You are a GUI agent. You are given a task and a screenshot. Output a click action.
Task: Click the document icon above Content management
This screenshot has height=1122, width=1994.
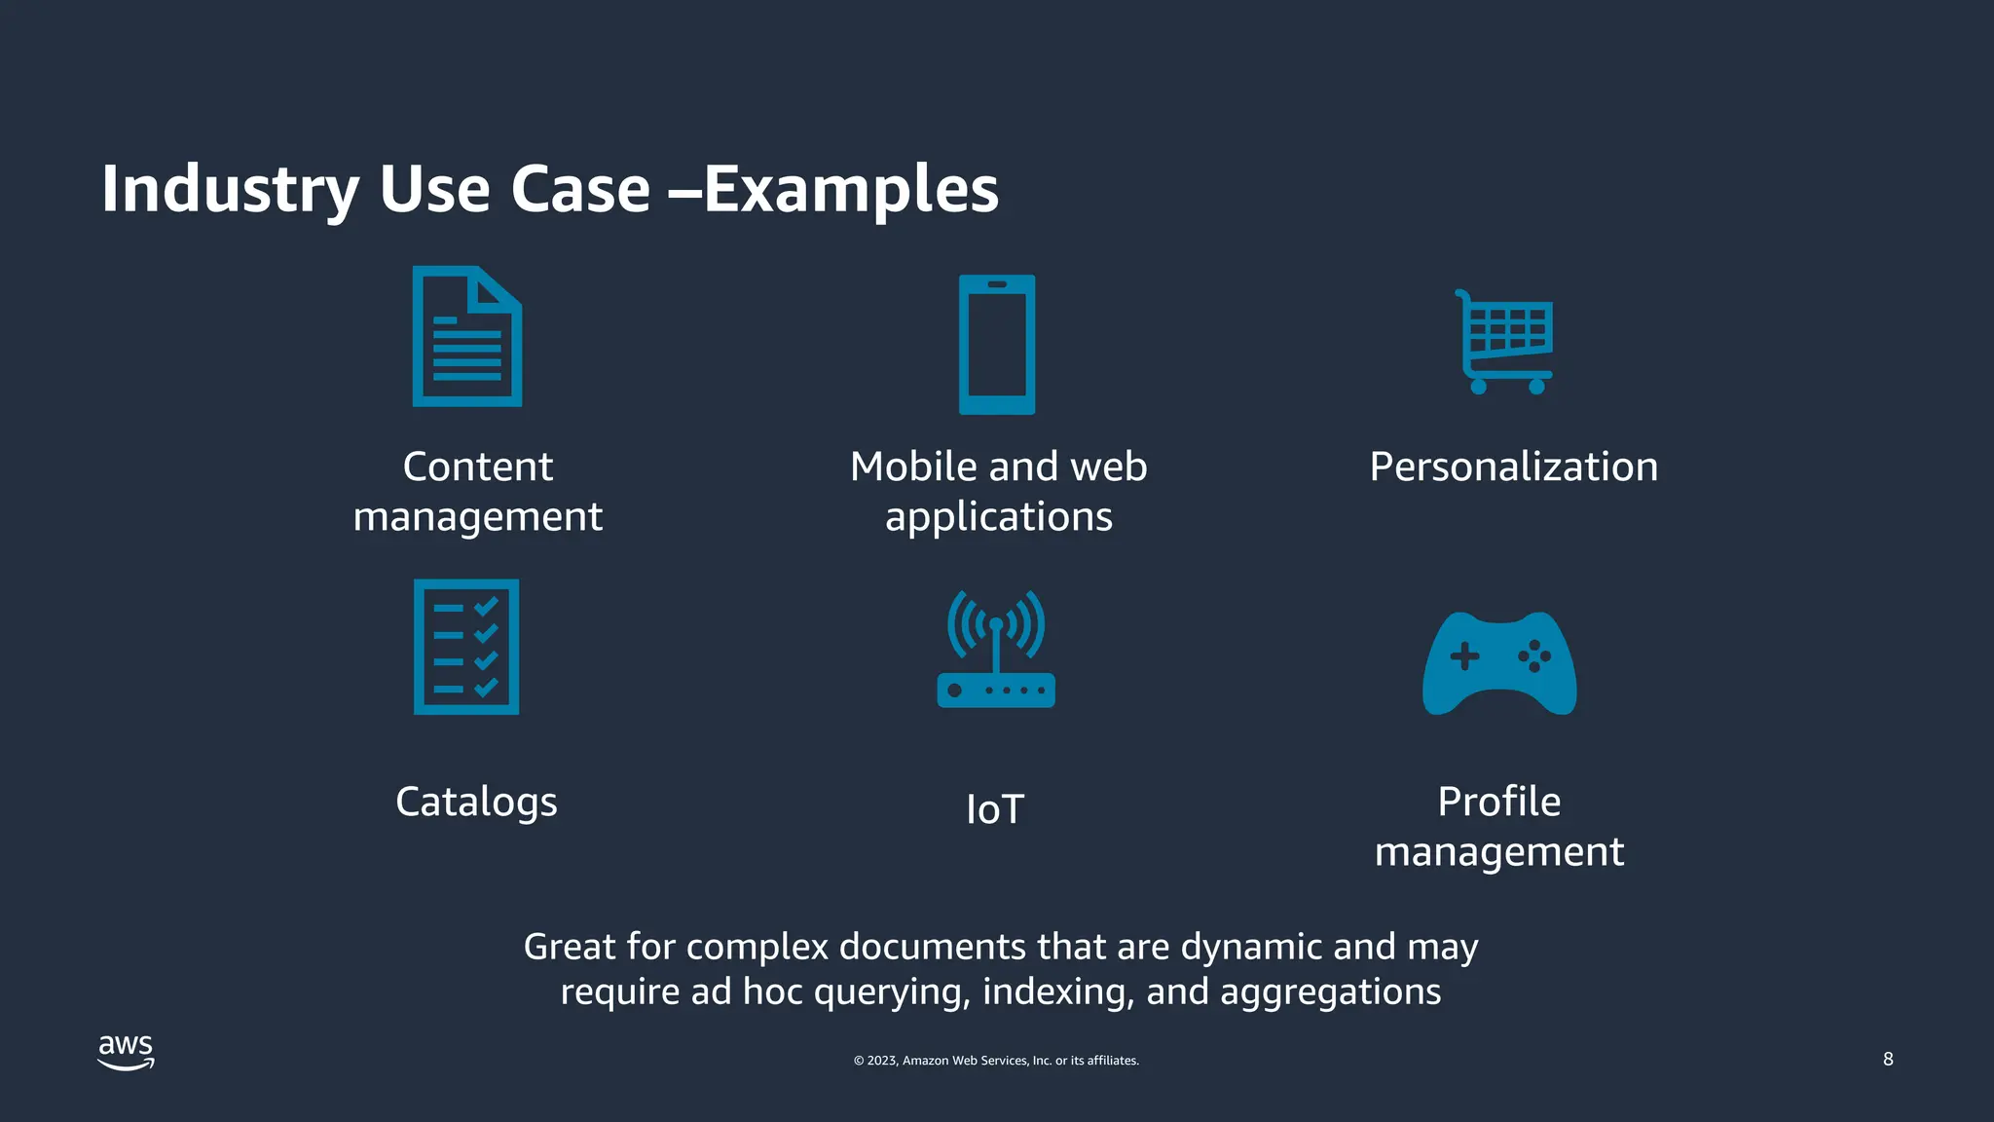point(467,336)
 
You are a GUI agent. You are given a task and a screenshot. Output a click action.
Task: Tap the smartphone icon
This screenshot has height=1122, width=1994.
point(997,345)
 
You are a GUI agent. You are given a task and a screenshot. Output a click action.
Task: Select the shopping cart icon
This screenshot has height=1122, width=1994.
point(1504,342)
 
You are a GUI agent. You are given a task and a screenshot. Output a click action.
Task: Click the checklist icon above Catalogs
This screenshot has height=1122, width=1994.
point(466,647)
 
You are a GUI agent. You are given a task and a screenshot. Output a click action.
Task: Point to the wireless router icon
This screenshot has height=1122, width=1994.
point(996,650)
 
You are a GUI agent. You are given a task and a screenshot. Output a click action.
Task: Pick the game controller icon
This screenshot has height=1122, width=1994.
point(1499,664)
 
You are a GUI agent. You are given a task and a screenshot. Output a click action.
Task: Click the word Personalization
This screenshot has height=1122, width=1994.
point(1513,467)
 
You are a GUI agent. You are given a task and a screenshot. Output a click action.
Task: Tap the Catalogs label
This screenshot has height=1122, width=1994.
point(476,803)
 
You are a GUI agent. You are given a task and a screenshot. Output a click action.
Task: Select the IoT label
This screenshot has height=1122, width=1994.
point(995,809)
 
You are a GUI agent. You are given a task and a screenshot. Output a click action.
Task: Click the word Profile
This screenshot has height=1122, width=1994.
point(1499,802)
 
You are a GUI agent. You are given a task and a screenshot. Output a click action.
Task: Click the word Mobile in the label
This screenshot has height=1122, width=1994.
point(913,467)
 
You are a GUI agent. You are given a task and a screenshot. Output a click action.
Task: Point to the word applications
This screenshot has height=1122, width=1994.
point(999,517)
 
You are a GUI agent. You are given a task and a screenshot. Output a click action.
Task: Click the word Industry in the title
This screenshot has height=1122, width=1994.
point(231,189)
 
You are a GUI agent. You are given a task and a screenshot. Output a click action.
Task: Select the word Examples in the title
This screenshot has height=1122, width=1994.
point(851,189)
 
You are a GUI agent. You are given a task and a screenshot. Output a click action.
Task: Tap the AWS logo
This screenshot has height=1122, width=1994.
point(127,1052)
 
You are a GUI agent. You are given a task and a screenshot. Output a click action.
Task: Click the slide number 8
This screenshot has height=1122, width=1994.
point(1888,1059)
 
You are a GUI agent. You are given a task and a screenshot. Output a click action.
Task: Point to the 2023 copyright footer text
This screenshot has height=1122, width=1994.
point(996,1061)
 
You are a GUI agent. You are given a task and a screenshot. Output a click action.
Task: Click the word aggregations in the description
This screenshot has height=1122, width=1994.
point(1330,992)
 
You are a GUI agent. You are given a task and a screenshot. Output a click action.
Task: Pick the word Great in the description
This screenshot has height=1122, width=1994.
point(569,947)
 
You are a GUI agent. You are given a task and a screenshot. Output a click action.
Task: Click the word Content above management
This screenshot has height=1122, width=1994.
point(477,467)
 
